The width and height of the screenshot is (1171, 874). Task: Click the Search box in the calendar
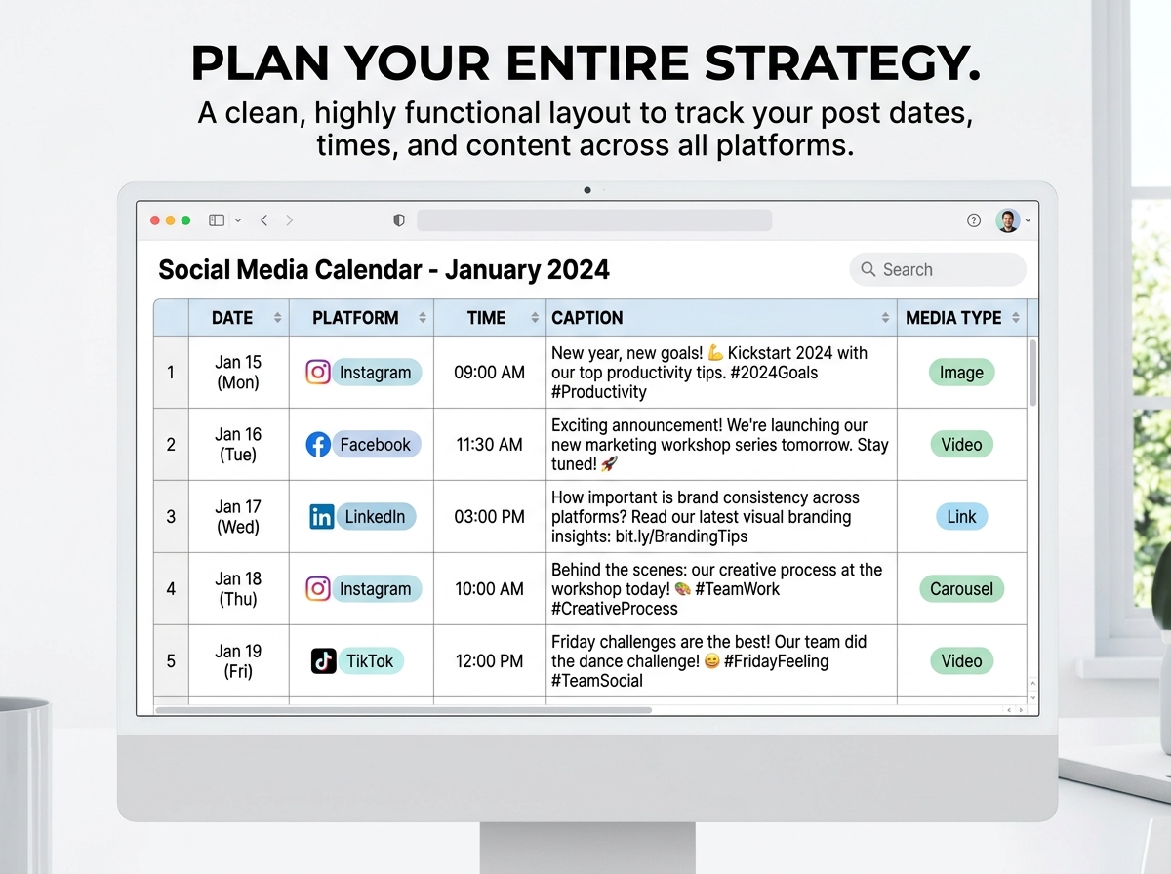pos(938,269)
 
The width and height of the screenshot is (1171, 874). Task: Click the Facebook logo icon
pos(318,444)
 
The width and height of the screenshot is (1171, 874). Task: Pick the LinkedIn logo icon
pos(322,517)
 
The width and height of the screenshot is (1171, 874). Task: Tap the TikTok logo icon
pos(323,661)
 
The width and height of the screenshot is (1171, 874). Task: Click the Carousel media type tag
pos(961,589)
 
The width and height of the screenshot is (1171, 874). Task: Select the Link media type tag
pos(961,516)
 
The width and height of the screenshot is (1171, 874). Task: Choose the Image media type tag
pos(961,373)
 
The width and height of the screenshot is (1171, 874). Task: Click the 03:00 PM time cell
pos(489,516)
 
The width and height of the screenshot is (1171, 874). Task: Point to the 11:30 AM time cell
pos(489,444)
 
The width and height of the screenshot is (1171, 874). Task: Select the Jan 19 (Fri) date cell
pos(238,661)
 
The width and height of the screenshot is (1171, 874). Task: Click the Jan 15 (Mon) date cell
pos(238,373)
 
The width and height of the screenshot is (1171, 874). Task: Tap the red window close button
pos(155,220)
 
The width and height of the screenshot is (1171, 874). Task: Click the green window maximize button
pos(185,220)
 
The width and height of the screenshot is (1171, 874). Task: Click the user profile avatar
pos(1008,220)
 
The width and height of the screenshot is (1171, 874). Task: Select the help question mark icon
pos(974,220)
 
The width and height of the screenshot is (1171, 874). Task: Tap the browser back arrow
pos(264,220)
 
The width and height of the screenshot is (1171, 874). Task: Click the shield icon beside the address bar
pos(399,220)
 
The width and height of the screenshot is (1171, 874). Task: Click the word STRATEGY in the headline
pos(842,63)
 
